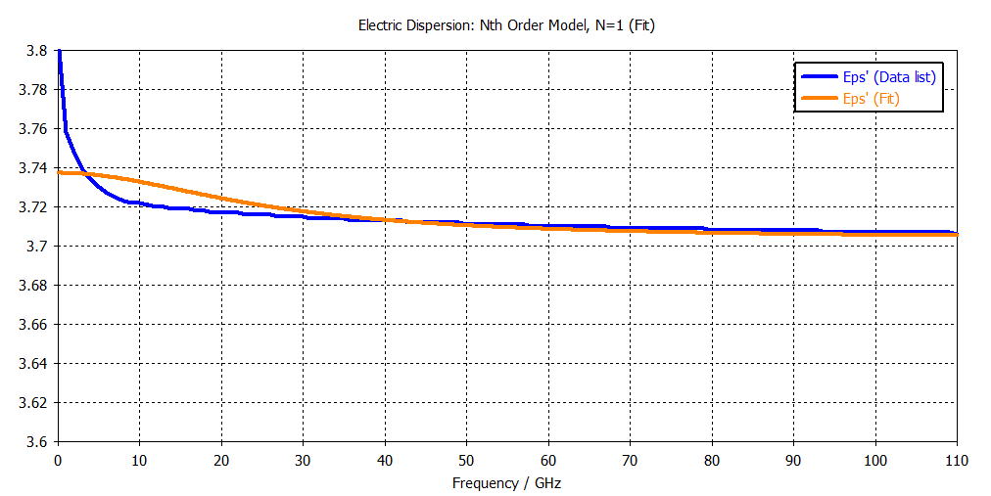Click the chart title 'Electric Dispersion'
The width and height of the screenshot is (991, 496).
point(506,26)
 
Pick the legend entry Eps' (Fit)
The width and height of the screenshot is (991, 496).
point(871,99)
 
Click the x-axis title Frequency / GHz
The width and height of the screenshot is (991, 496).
point(506,483)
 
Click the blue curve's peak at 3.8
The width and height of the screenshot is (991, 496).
point(60,51)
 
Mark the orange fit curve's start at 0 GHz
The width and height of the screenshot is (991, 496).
point(60,172)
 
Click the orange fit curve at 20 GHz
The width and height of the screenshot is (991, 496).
point(221,199)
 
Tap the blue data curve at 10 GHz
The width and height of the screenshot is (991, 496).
point(140,203)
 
